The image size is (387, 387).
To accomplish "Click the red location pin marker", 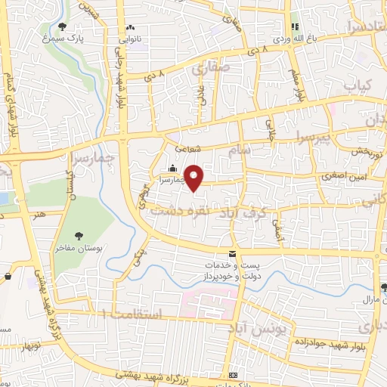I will (194, 177).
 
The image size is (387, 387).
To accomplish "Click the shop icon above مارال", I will (384, 286).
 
